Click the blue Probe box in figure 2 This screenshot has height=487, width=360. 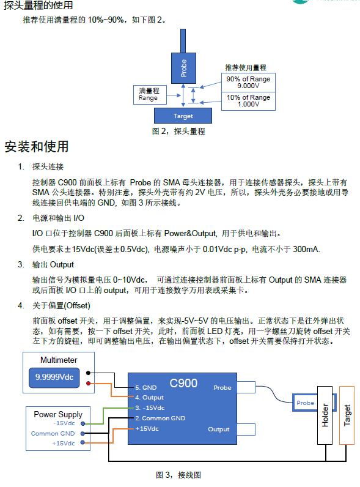point(183,68)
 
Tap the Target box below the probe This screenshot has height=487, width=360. point(183,116)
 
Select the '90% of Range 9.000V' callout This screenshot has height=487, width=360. point(248,83)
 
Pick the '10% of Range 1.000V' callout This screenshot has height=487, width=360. point(248,101)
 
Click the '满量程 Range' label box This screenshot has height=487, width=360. point(150,94)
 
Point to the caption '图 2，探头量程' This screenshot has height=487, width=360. point(178,131)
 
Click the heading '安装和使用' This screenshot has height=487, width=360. point(37,147)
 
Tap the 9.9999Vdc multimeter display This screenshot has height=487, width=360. point(54,377)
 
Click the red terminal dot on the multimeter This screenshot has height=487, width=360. point(88,383)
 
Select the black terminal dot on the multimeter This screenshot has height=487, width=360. point(88,373)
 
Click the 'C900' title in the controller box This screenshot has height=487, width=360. point(183,383)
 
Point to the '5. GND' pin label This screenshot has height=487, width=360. point(146,388)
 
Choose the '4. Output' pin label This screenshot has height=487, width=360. point(149,398)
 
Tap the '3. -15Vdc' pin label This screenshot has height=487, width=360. point(150,408)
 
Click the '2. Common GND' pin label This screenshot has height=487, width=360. point(160,418)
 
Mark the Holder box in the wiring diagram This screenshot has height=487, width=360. point(325,415)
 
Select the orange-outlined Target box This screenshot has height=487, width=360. point(347,415)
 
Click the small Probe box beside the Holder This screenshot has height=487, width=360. point(305,403)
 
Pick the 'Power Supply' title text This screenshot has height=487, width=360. point(58,414)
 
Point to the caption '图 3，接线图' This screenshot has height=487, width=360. point(178,475)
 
